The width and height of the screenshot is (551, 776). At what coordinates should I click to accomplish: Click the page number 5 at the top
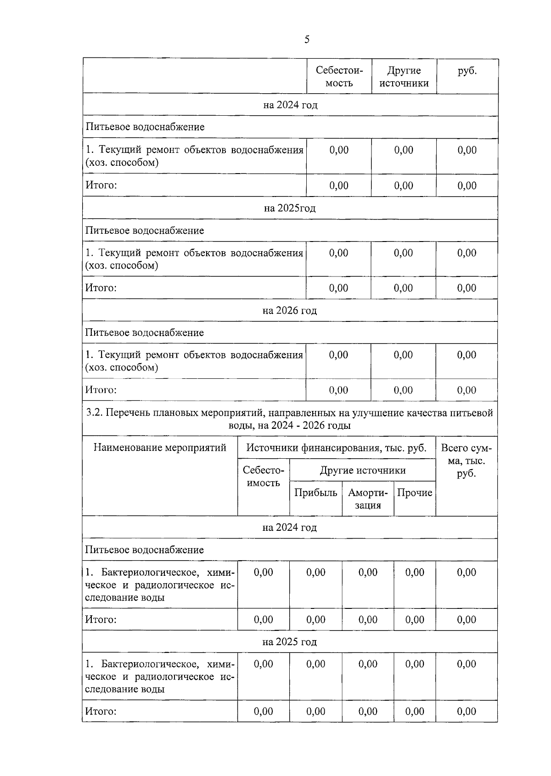click(x=307, y=39)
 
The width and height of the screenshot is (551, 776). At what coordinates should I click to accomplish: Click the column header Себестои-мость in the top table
click(x=339, y=76)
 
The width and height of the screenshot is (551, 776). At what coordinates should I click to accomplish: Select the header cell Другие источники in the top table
click(x=404, y=76)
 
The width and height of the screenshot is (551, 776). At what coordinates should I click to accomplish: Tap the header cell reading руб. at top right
click(x=467, y=71)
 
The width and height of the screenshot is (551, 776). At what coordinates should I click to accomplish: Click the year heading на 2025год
click(x=290, y=208)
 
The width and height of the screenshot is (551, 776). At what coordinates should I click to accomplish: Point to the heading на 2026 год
click(x=290, y=310)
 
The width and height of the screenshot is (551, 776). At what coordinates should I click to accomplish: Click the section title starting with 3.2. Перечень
click(x=290, y=419)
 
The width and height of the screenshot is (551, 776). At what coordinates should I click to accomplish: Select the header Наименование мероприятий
click(x=160, y=447)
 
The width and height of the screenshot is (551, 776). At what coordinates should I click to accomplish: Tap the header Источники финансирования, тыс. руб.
click(x=336, y=448)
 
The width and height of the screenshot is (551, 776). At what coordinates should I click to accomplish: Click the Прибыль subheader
click(x=315, y=493)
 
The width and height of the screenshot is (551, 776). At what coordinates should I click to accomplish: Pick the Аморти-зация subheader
click(x=368, y=499)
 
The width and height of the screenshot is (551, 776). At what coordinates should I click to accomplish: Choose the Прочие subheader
click(x=415, y=493)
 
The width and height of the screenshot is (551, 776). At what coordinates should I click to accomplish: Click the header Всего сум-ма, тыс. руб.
click(x=466, y=460)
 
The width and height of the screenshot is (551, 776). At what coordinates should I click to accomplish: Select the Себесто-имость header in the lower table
click(x=264, y=477)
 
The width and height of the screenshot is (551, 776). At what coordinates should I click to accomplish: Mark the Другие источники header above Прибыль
click(x=362, y=470)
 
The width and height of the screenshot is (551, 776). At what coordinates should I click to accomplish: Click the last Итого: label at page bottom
click(x=101, y=711)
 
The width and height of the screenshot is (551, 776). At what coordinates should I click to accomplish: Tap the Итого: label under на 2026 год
click(x=101, y=390)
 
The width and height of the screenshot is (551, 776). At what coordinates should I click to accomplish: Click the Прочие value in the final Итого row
click(x=415, y=711)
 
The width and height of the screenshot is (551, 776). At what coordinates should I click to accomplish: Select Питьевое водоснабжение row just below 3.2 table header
click(x=145, y=550)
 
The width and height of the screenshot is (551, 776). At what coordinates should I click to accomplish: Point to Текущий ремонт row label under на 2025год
click(x=194, y=259)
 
